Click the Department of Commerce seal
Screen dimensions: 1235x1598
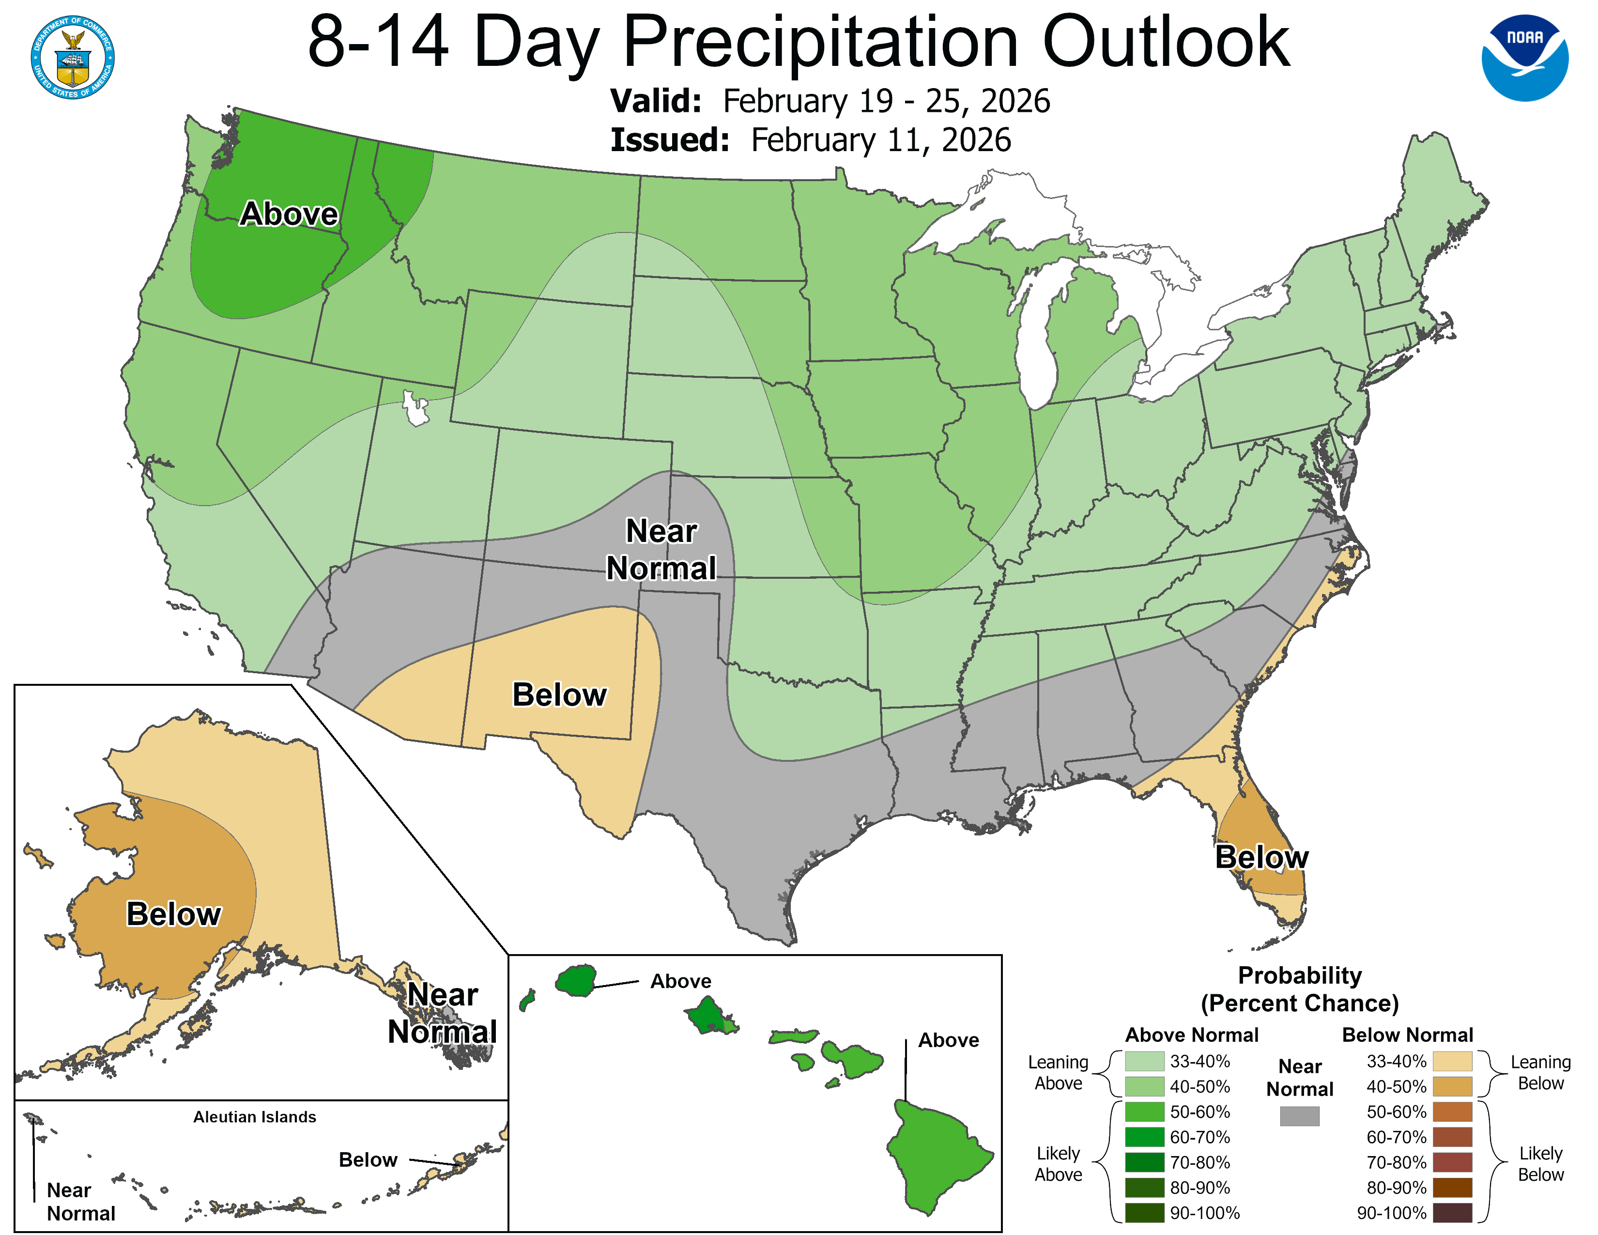(x=73, y=57)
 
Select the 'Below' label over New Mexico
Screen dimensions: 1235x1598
(x=559, y=695)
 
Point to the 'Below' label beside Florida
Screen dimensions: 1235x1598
(x=1261, y=857)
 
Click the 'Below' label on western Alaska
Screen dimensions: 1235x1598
(x=173, y=914)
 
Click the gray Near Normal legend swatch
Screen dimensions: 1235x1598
(x=1300, y=1116)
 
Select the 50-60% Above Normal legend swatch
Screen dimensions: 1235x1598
(x=1144, y=1112)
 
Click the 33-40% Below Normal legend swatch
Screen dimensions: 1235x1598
(x=1452, y=1061)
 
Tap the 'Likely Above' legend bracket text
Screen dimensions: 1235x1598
(x=1058, y=1163)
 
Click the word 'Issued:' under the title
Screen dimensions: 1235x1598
(x=670, y=140)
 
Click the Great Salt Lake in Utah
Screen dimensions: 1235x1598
(x=415, y=410)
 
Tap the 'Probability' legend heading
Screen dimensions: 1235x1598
(x=1300, y=975)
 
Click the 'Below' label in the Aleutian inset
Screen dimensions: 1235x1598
(x=368, y=1159)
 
